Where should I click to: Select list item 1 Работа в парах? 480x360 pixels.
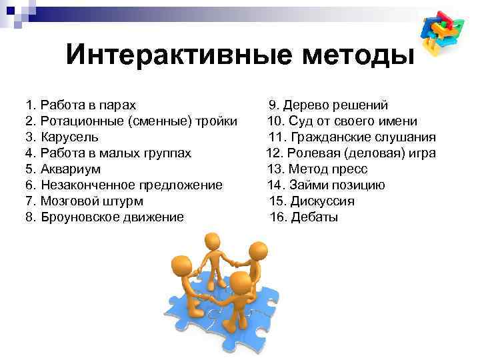point(80,105)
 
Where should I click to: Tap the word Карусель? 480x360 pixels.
point(69,137)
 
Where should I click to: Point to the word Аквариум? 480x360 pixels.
point(71,169)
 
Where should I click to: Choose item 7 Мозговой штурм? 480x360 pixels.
point(84,201)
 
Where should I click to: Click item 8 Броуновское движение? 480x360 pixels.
point(104,217)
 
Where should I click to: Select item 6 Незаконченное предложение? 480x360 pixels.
point(124,185)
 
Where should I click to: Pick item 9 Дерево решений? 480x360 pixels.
point(329,105)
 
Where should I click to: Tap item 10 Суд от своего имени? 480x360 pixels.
point(343,121)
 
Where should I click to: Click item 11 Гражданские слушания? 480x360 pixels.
point(351,137)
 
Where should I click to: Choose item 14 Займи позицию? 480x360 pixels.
point(326,185)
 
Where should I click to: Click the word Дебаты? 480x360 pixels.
point(315,217)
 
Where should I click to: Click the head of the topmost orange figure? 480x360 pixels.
point(213,241)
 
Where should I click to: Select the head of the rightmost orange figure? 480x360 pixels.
point(257,252)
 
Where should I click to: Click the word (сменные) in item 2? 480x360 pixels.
point(155,121)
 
